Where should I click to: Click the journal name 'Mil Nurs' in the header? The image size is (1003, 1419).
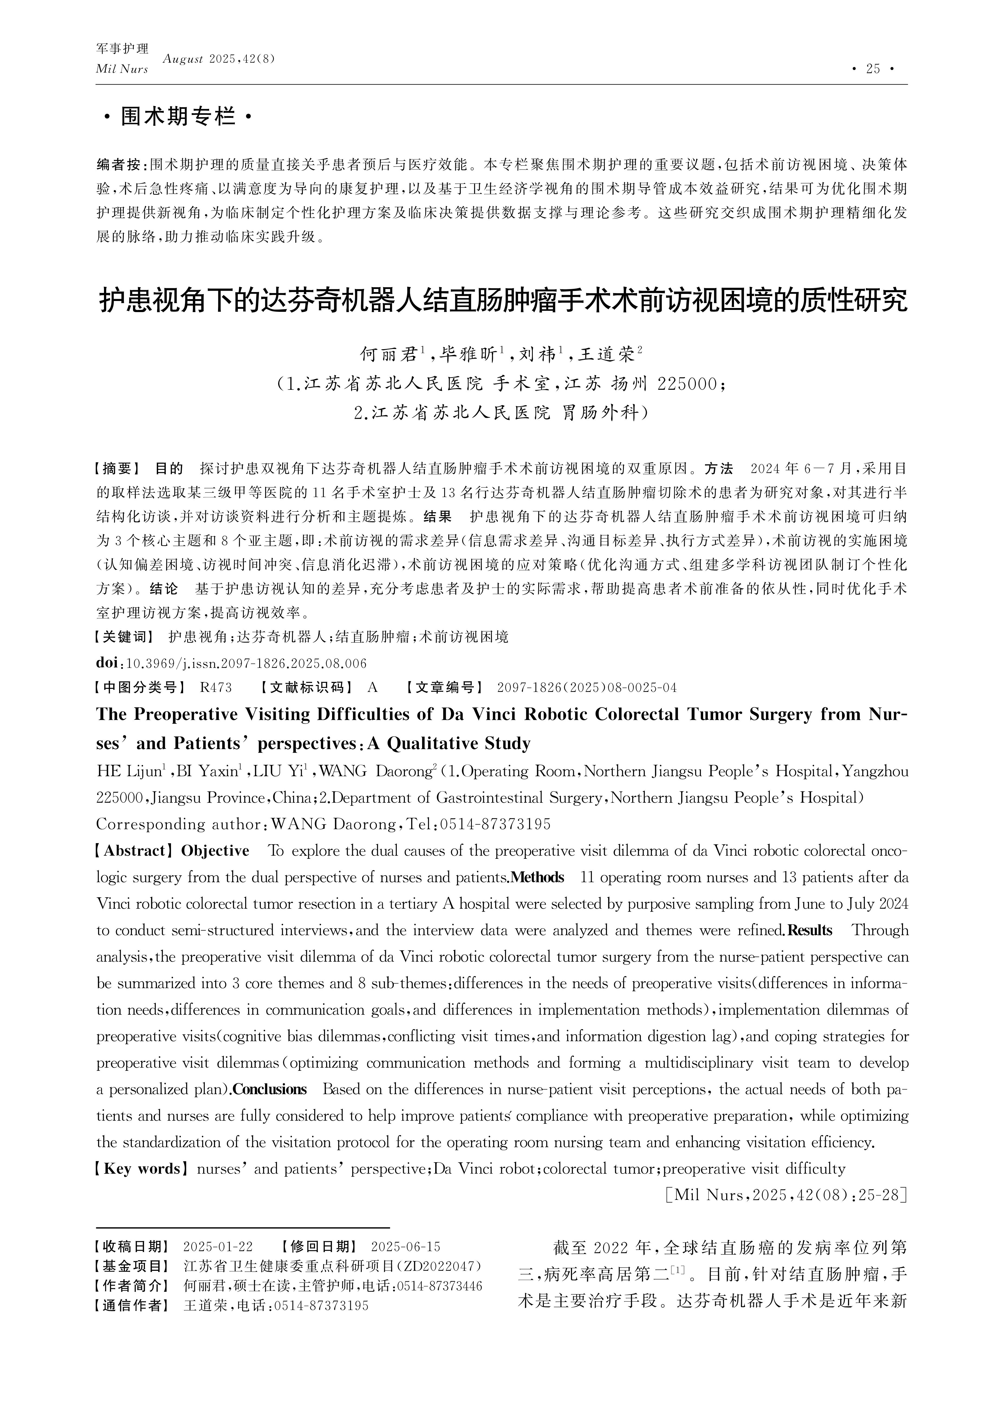click(x=122, y=69)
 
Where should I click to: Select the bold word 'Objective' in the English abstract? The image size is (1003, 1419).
click(x=215, y=851)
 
